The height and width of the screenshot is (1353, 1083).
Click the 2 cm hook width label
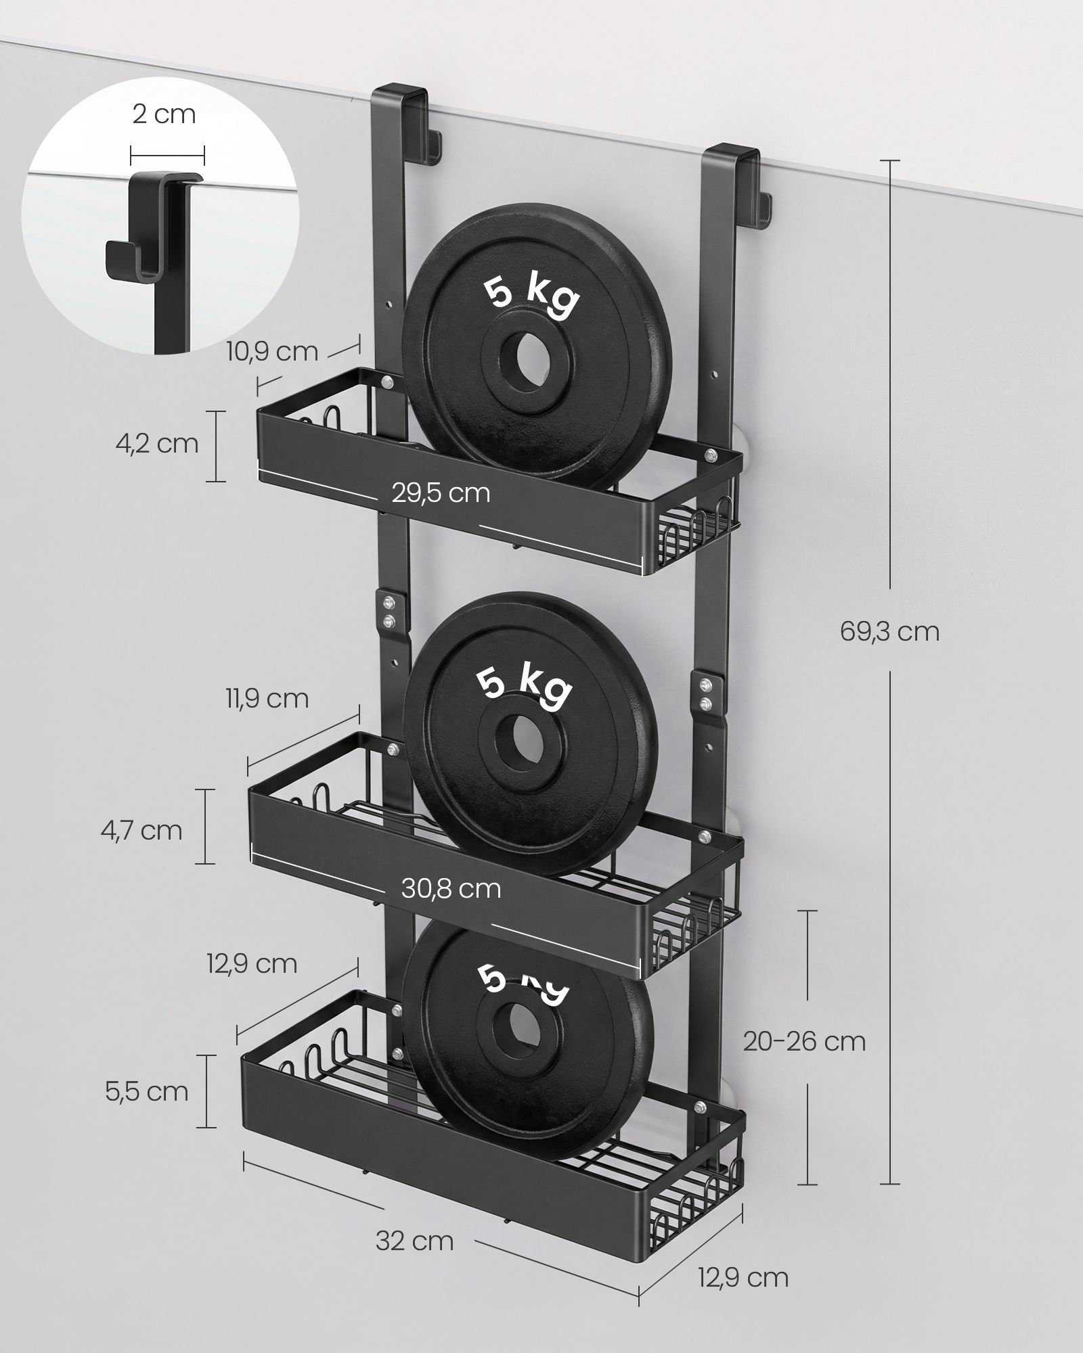[164, 114]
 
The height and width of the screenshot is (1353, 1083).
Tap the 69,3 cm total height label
[889, 632]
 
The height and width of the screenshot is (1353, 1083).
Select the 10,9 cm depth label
[272, 351]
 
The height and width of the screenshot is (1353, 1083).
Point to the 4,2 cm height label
[156, 444]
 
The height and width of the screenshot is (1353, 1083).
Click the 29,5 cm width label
[441, 492]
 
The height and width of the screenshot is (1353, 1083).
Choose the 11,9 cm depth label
[267, 698]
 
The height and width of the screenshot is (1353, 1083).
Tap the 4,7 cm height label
[141, 830]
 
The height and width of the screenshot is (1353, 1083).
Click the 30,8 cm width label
[451, 888]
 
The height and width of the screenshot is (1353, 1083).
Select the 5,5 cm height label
[147, 1091]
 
